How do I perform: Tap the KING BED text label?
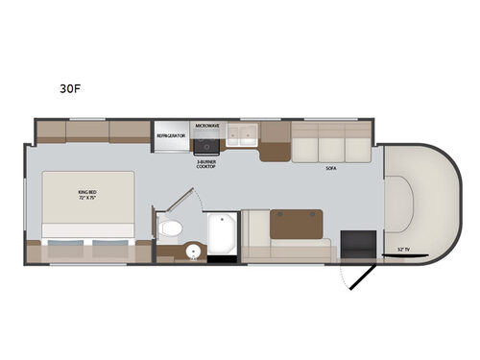[88, 195]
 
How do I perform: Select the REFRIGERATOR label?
[171, 136]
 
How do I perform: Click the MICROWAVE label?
[207, 126]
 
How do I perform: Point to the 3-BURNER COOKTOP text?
[208, 163]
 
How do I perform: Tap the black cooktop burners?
[207, 146]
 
